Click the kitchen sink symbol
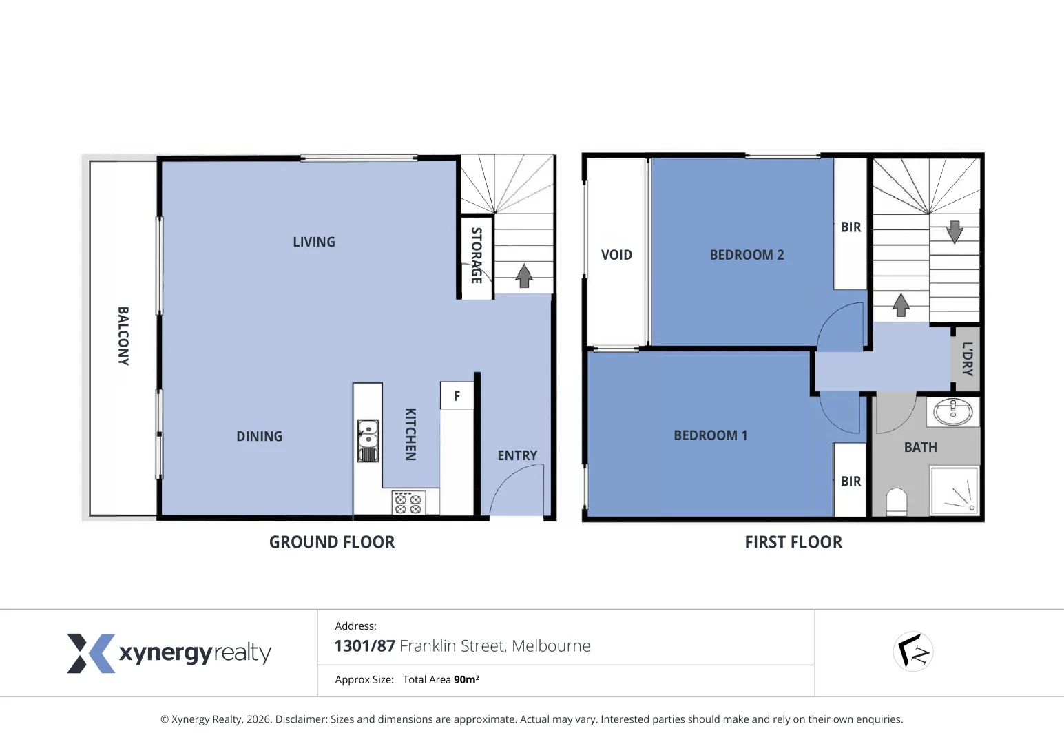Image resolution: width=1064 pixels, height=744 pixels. pyautogui.click(x=368, y=441)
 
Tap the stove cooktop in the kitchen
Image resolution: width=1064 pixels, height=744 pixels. pyautogui.click(x=408, y=503)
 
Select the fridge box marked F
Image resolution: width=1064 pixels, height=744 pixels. pyautogui.click(x=457, y=396)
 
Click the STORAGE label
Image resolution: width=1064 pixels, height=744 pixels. pyautogui.click(x=476, y=256)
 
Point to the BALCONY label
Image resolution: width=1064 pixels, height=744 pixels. pyautogui.click(x=123, y=336)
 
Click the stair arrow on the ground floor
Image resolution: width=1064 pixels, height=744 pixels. pyautogui.click(x=524, y=276)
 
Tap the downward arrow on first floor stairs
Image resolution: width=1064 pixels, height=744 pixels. pyautogui.click(x=955, y=232)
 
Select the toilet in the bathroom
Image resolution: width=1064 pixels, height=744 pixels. pyautogui.click(x=896, y=502)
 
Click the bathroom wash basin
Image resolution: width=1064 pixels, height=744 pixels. pyautogui.click(x=952, y=413)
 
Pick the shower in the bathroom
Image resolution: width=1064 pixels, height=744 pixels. pyautogui.click(x=954, y=490)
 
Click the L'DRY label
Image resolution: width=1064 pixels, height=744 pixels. pyautogui.click(x=967, y=359)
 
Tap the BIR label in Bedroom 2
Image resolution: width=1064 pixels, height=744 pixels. pyautogui.click(x=851, y=227)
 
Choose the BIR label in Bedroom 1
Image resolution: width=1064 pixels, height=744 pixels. pyautogui.click(x=851, y=482)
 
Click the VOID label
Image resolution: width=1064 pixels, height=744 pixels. pyautogui.click(x=616, y=255)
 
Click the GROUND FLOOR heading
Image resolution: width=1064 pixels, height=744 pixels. pyautogui.click(x=332, y=542)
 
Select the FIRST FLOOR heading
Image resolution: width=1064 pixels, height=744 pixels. pyautogui.click(x=793, y=542)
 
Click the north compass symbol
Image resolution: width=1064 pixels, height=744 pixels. pyautogui.click(x=913, y=651)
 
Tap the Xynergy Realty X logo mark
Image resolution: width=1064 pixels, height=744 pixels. pyautogui.click(x=90, y=653)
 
